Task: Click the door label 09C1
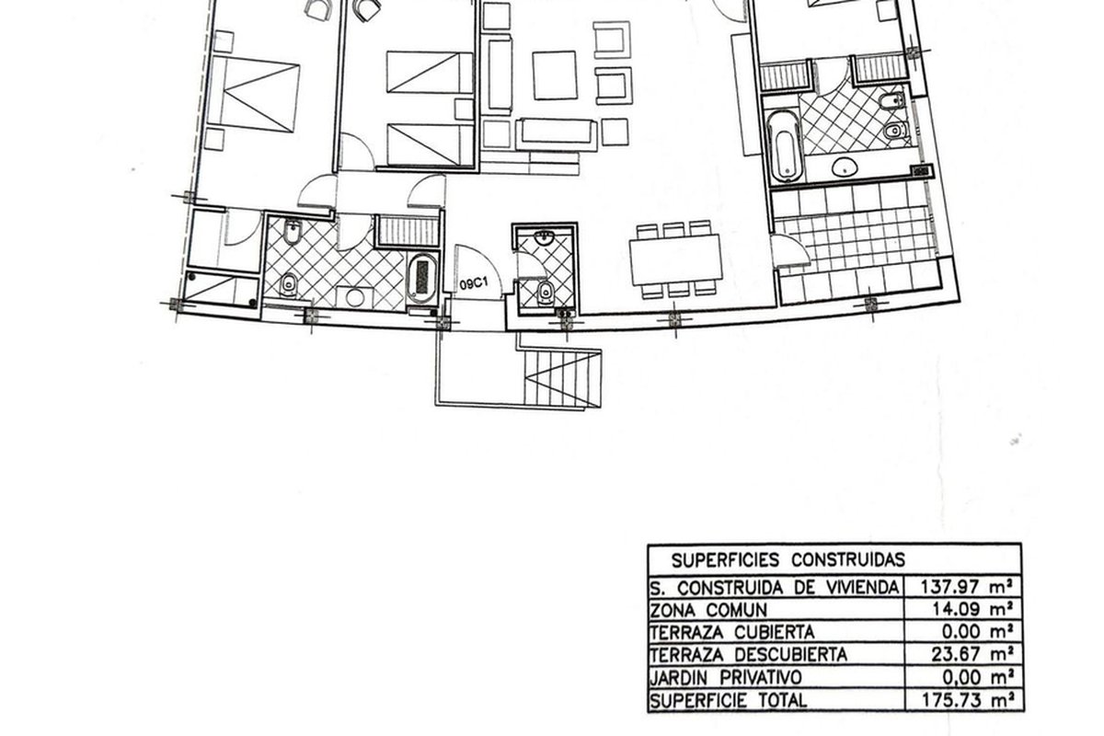(x=473, y=284)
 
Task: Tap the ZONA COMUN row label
(x=708, y=610)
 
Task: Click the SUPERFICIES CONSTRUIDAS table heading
(x=788, y=560)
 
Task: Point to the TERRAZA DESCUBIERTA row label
(x=749, y=655)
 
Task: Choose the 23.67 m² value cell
(x=972, y=654)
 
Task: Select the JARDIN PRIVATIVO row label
(x=726, y=677)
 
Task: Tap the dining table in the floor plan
(x=675, y=259)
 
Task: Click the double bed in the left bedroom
(x=253, y=94)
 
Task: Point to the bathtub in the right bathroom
(x=784, y=146)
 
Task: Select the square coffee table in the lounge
(x=555, y=75)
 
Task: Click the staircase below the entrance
(x=562, y=379)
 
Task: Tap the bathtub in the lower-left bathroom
(x=422, y=278)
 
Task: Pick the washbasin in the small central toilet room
(x=545, y=238)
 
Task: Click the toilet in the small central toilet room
(x=546, y=293)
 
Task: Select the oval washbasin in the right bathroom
(x=845, y=167)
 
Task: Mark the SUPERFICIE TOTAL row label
(x=729, y=700)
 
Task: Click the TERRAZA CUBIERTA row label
(x=732, y=632)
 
